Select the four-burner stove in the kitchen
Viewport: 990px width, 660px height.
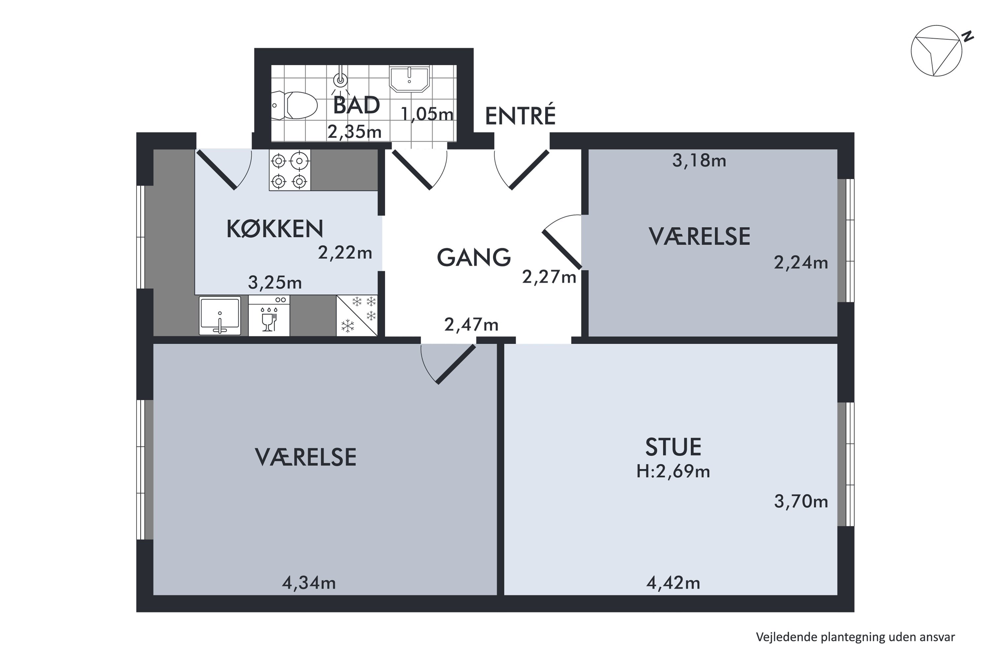pyautogui.click(x=290, y=171)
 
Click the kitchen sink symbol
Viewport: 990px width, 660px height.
pyautogui.click(x=220, y=316)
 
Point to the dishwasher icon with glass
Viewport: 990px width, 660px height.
pyautogui.click(x=269, y=316)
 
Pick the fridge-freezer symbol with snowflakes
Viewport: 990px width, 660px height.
pyautogui.click(x=357, y=316)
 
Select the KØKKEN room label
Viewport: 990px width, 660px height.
pyautogui.click(x=275, y=229)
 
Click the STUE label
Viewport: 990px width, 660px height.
pyautogui.click(x=673, y=447)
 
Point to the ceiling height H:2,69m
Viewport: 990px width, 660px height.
pyautogui.click(x=673, y=472)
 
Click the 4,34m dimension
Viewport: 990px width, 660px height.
pyautogui.click(x=309, y=583)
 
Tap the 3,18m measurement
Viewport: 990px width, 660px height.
pyautogui.click(x=699, y=160)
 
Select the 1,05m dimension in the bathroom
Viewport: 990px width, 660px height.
pyautogui.click(x=427, y=114)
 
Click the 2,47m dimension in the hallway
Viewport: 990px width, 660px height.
pyautogui.click(x=472, y=324)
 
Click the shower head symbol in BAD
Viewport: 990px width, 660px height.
pyautogui.click(x=341, y=80)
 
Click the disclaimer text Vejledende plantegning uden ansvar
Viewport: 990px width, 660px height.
pyautogui.click(x=855, y=637)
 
